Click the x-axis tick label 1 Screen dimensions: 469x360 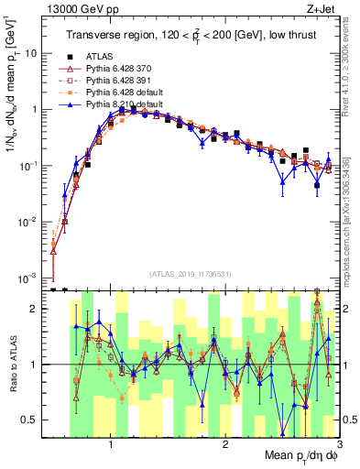coord(111,443)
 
